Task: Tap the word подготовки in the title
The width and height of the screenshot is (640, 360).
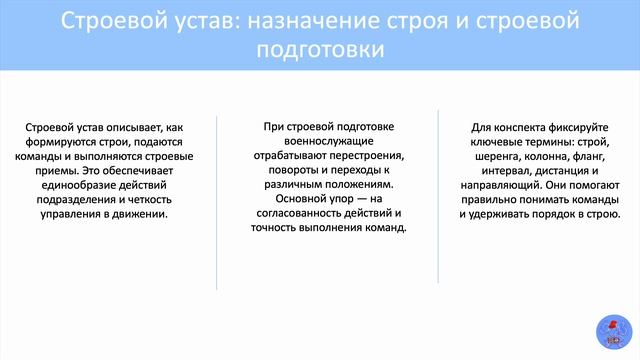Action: coord(320,49)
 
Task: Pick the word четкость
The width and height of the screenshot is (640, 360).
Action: coord(150,200)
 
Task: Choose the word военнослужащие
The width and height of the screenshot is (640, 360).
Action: coord(329,141)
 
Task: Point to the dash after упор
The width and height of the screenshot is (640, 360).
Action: coord(362,199)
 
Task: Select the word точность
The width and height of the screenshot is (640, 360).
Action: coord(273,227)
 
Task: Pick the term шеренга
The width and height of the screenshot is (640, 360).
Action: coord(497,156)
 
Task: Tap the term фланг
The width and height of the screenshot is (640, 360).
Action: coord(588,156)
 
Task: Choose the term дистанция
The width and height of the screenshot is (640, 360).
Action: coord(562,171)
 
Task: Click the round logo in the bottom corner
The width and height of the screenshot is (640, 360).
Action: coord(614,332)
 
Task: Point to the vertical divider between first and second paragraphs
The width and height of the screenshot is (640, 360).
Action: coord(216,203)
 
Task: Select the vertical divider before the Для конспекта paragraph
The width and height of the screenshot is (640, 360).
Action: coord(438,196)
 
